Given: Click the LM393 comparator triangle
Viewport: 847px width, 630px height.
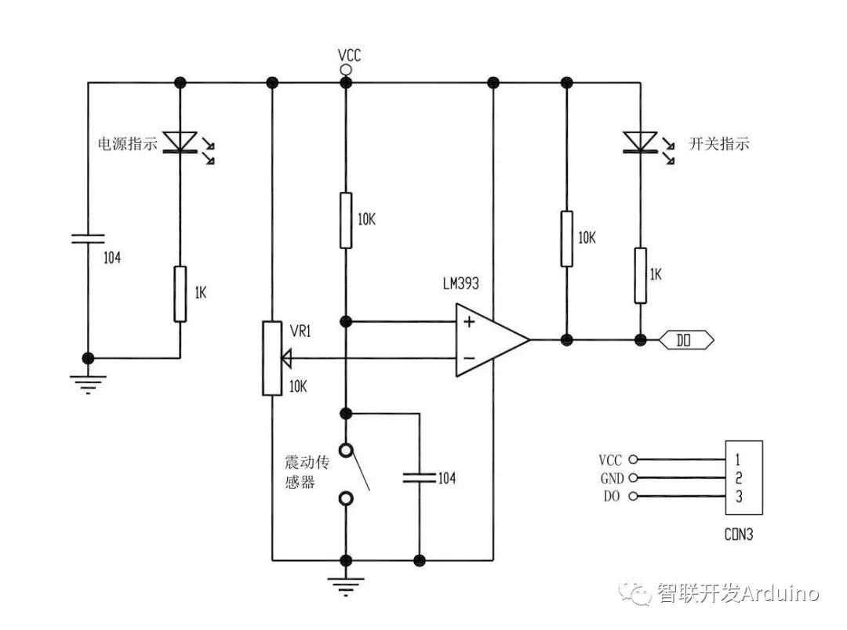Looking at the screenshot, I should point(488,340).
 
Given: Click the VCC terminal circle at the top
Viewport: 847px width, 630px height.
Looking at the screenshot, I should point(345,70).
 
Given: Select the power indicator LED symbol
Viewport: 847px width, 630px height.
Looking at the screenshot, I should point(180,142).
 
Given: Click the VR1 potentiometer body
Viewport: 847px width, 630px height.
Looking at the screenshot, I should point(271,357).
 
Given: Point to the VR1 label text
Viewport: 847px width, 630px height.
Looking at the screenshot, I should point(301,331).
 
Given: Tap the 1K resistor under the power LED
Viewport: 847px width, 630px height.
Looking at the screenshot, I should point(180,294).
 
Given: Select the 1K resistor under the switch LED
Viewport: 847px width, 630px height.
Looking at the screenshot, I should point(640,275).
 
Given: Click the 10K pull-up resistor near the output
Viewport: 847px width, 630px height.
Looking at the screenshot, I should point(565,238).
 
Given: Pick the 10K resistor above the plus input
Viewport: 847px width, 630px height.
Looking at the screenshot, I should point(345,220).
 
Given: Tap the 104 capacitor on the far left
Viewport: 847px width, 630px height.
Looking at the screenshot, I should point(88,238).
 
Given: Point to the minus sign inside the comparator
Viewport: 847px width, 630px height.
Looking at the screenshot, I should point(469,358).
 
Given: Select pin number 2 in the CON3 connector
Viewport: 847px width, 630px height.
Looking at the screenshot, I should point(738,477).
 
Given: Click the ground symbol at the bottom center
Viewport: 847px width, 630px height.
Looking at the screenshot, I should point(345,581).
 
